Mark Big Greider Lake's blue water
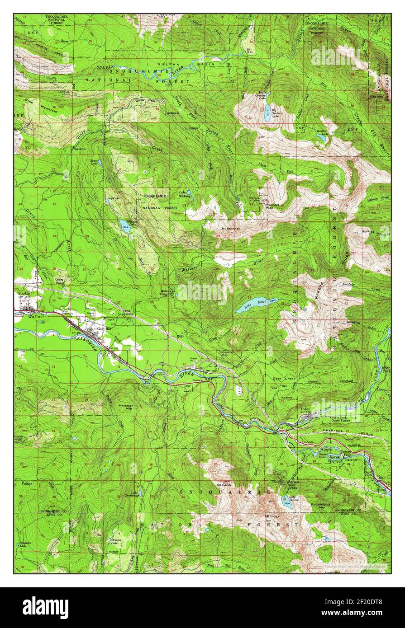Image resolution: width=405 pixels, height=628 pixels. [268, 109]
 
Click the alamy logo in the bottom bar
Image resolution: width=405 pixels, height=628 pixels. [46, 607]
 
